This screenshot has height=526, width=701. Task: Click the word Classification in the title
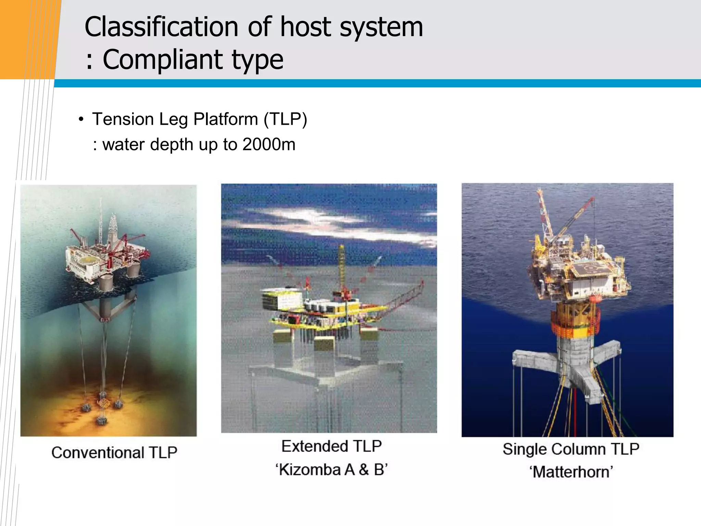(x=161, y=27)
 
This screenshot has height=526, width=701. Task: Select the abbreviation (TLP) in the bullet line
(x=285, y=120)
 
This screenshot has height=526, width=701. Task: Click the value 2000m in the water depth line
(x=269, y=145)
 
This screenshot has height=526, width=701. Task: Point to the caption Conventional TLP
(x=114, y=452)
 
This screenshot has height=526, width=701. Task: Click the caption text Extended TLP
(x=331, y=446)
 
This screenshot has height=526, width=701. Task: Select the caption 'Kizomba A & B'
(x=331, y=469)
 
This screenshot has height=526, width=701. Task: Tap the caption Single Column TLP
(x=571, y=449)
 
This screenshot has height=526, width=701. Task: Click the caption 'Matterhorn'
(x=571, y=472)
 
